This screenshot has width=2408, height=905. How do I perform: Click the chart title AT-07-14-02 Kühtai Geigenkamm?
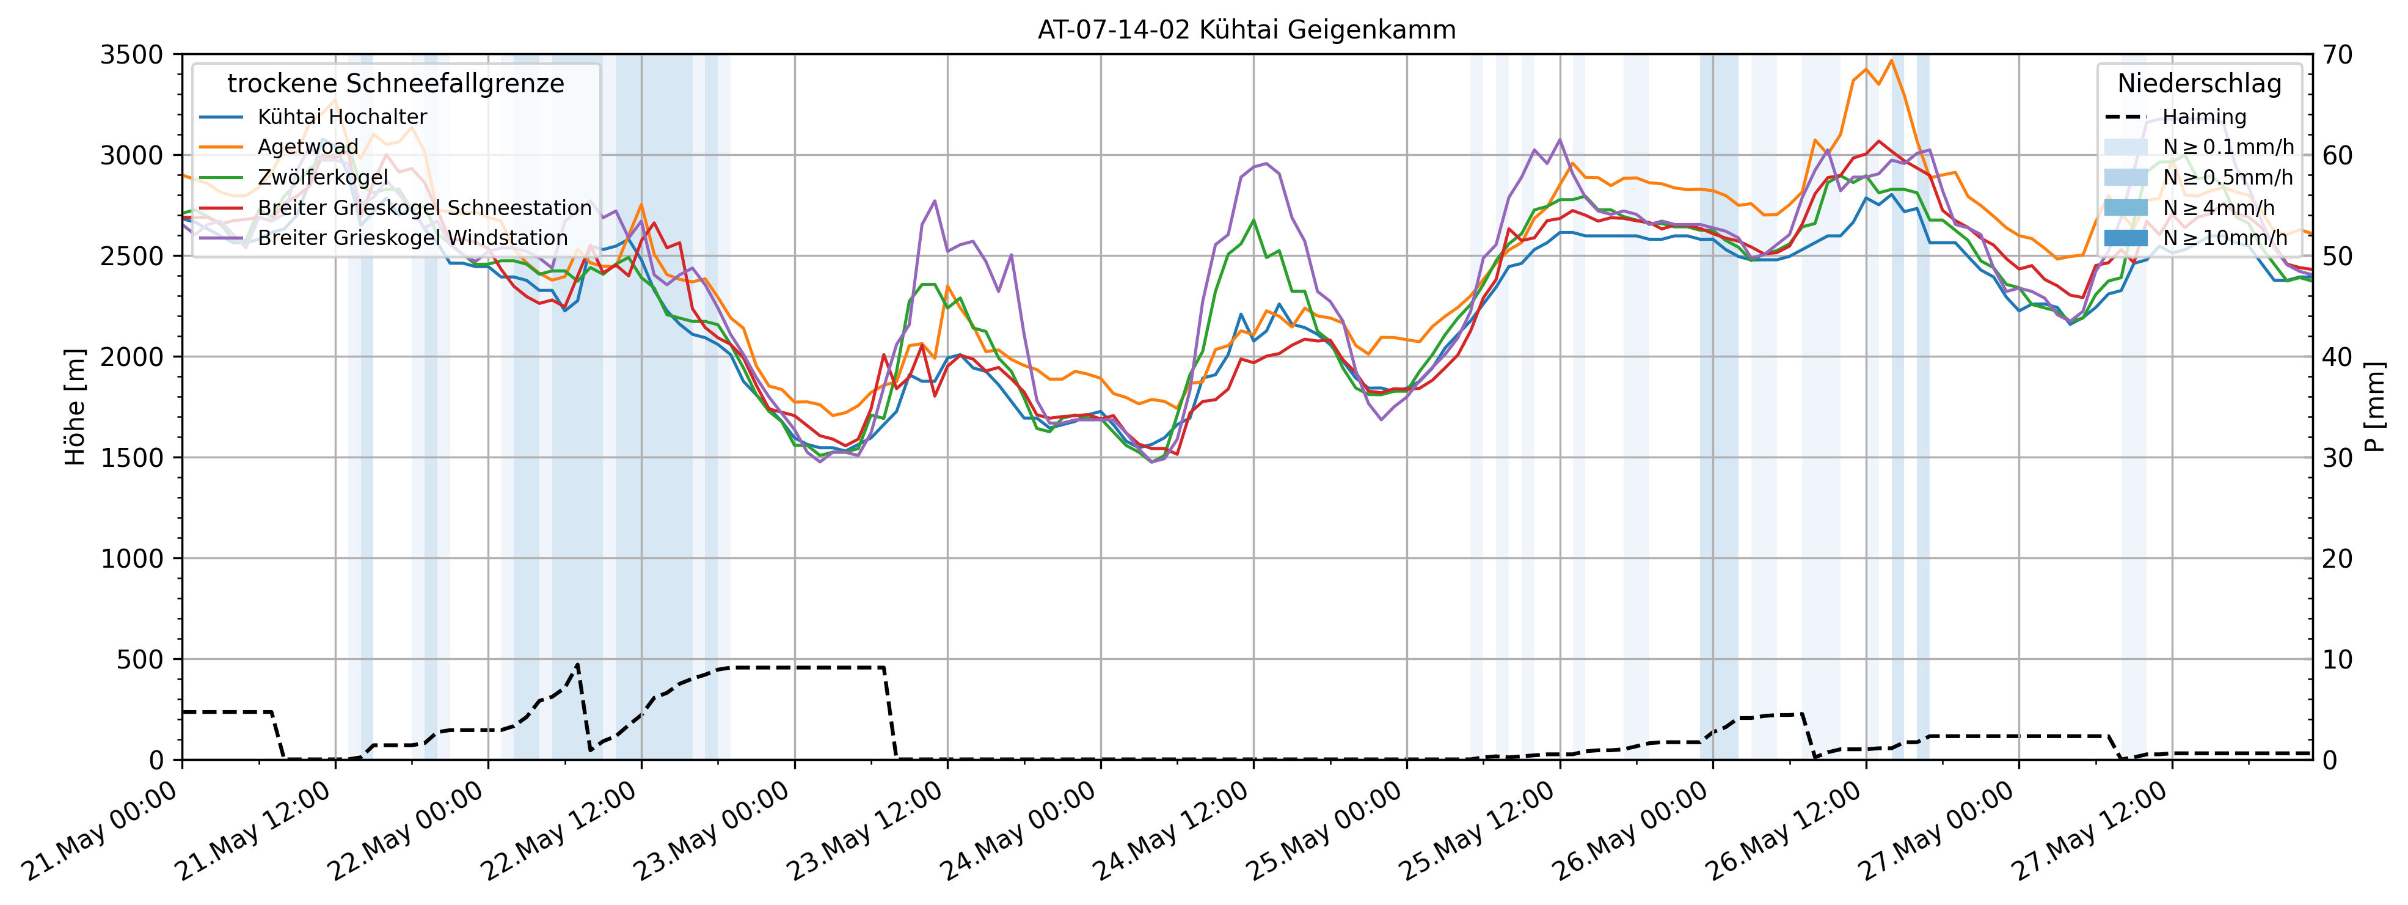tap(1246, 30)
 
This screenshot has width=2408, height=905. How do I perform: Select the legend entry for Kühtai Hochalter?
tap(342, 117)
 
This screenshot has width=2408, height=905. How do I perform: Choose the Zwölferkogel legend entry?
tap(323, 178)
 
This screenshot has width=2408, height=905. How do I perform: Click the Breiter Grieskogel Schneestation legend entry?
tap(425, 208)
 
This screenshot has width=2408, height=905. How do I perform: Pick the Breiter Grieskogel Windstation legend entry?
tap(412, 238)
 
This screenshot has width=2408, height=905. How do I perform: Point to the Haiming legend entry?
tap(2204, 117)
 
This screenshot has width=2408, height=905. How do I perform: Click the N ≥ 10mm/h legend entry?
tap(2225, 238)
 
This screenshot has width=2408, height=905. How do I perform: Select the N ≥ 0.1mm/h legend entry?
tap(2228, 147)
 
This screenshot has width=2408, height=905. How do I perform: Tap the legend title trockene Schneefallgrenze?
tap(395, 84)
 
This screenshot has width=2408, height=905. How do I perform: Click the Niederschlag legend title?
tap(2198, 84)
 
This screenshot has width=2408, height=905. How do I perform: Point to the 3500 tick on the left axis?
tap(132, 55)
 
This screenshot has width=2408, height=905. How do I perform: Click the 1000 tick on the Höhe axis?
tap(132, 559)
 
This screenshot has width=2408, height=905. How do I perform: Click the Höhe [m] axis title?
tap(75, 408)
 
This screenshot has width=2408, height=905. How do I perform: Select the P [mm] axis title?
tap(2375, 408)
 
